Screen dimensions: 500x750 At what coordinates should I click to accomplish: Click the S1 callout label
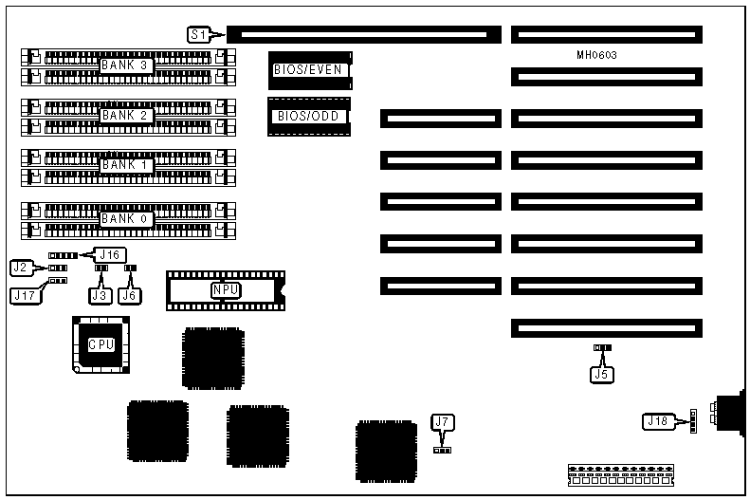pyautogui.click(x=198, y=35)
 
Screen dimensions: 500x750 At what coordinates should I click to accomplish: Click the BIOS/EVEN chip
pyautogui.click(x=308, y=69)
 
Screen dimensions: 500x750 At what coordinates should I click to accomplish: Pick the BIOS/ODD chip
pyautogui.click(x=308, y=117)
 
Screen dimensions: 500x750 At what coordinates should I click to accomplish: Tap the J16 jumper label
pyautogui.click(x=110, y=254)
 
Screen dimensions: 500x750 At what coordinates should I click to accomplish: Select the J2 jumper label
pyautogui.click(x=23, y=267)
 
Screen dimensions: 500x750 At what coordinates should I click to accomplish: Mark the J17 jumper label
pyautogui.click(x=26, y=295)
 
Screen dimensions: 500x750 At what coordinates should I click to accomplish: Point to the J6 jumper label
pyautogui.click(x=131, y=295)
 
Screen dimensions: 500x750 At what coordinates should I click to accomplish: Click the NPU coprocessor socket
pyautogui.click(x=224, y=290)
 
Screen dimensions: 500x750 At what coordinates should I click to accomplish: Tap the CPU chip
pyautogui.click(x=101, y=345)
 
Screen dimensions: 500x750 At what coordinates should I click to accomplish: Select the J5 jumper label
pyautogui.click(x=601, y=373)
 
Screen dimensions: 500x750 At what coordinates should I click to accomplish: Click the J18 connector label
pyautogui.click(x=656, y=420)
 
